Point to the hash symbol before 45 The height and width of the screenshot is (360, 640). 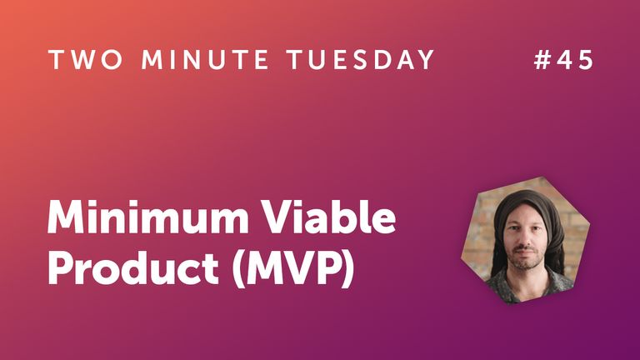pos(542,60)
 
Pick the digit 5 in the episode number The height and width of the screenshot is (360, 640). pos(586,60)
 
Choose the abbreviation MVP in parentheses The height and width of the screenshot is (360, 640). pos(288,269)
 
